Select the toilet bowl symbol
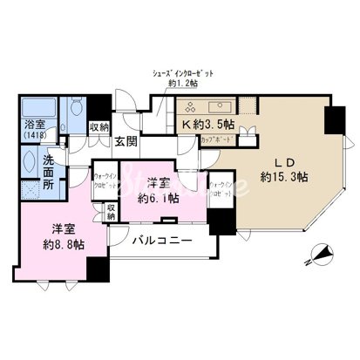pos(76,109)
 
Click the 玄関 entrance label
pos(123,144)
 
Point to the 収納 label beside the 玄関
pos(98,129)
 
